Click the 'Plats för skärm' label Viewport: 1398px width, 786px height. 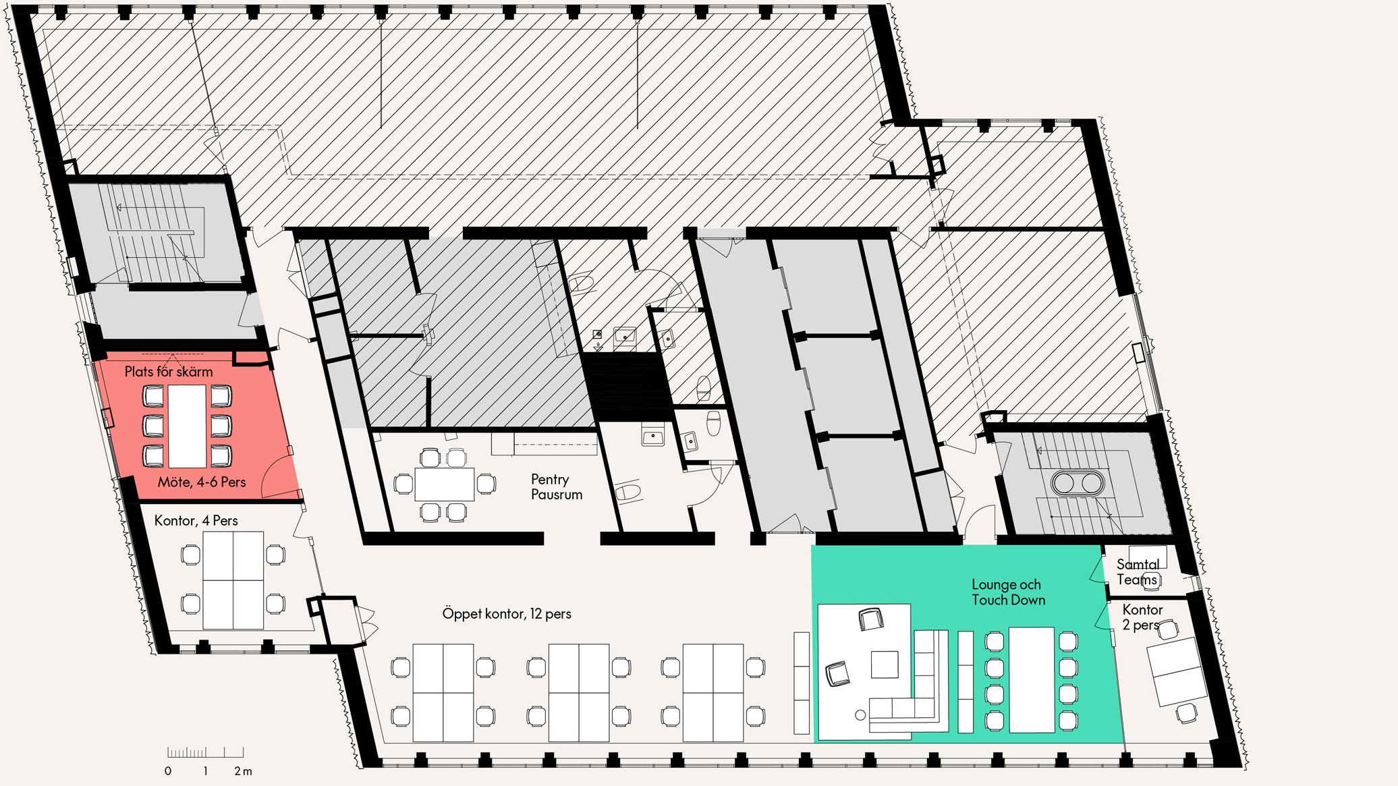(169, 372)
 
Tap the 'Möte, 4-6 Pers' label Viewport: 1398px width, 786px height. (202, 482)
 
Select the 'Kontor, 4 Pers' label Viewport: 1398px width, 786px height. (196, 520)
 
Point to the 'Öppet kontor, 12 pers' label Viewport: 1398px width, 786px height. (507, 614)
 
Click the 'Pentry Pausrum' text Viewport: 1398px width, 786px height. (557, 486)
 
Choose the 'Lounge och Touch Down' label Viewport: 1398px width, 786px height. (1009, 592)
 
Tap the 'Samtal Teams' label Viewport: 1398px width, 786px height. (1138, 572)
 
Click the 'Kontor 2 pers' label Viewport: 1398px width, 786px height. (1142, 617)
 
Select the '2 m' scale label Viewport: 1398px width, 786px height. (243, 771)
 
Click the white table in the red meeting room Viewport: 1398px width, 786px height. (187, 426)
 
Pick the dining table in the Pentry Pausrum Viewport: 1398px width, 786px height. (445, 484)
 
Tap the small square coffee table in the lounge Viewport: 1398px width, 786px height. (885, 665)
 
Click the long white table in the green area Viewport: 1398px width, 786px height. (1032, 680)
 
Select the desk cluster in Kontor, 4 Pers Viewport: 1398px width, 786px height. (233, 580)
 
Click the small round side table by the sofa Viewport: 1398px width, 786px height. (860, 715)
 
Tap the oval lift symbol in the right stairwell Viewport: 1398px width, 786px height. (1078, 482)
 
